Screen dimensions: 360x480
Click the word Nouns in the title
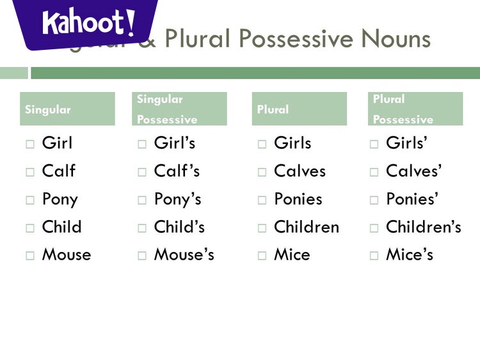[395, 39]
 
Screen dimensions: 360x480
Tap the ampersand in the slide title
[148, 40]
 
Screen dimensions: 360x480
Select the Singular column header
[67, 109]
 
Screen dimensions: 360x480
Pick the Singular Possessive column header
[179, 109]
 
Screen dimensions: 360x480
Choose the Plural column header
[299, 109]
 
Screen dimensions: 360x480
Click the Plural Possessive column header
[415, 109]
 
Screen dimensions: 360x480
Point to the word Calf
[58, 171]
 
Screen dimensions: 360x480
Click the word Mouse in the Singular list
[67, 254]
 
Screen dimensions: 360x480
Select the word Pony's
[177, 200]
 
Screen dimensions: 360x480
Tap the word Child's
[179, 227]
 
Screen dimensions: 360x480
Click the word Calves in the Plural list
[300, 171]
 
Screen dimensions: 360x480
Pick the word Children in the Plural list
[306, 227]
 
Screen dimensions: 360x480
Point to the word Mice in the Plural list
[292, 254]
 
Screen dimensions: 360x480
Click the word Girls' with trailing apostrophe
[406, 143]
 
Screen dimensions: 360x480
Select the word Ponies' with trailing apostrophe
[412, 200]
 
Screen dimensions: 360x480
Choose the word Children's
[423, 227]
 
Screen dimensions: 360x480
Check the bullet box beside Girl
[30, 145]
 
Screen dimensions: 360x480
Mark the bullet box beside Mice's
[374, 256]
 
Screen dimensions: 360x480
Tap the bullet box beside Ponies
[262, 200]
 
